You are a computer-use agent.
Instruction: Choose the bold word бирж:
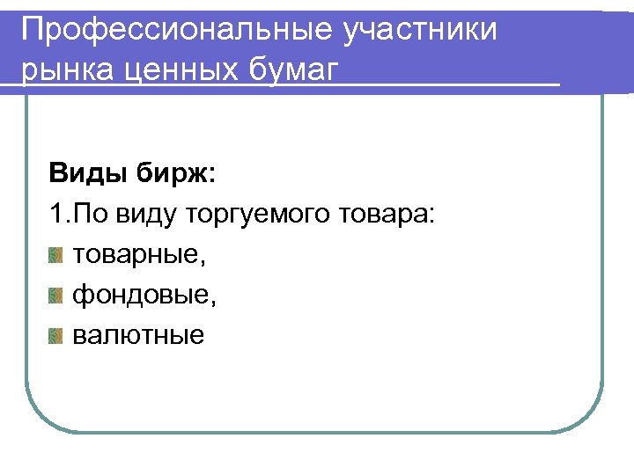[174, 173]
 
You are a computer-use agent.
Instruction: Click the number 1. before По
[60, 214]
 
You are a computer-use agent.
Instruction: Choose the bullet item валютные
[137, 335]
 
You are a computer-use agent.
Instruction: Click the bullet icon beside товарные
[56, 256]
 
